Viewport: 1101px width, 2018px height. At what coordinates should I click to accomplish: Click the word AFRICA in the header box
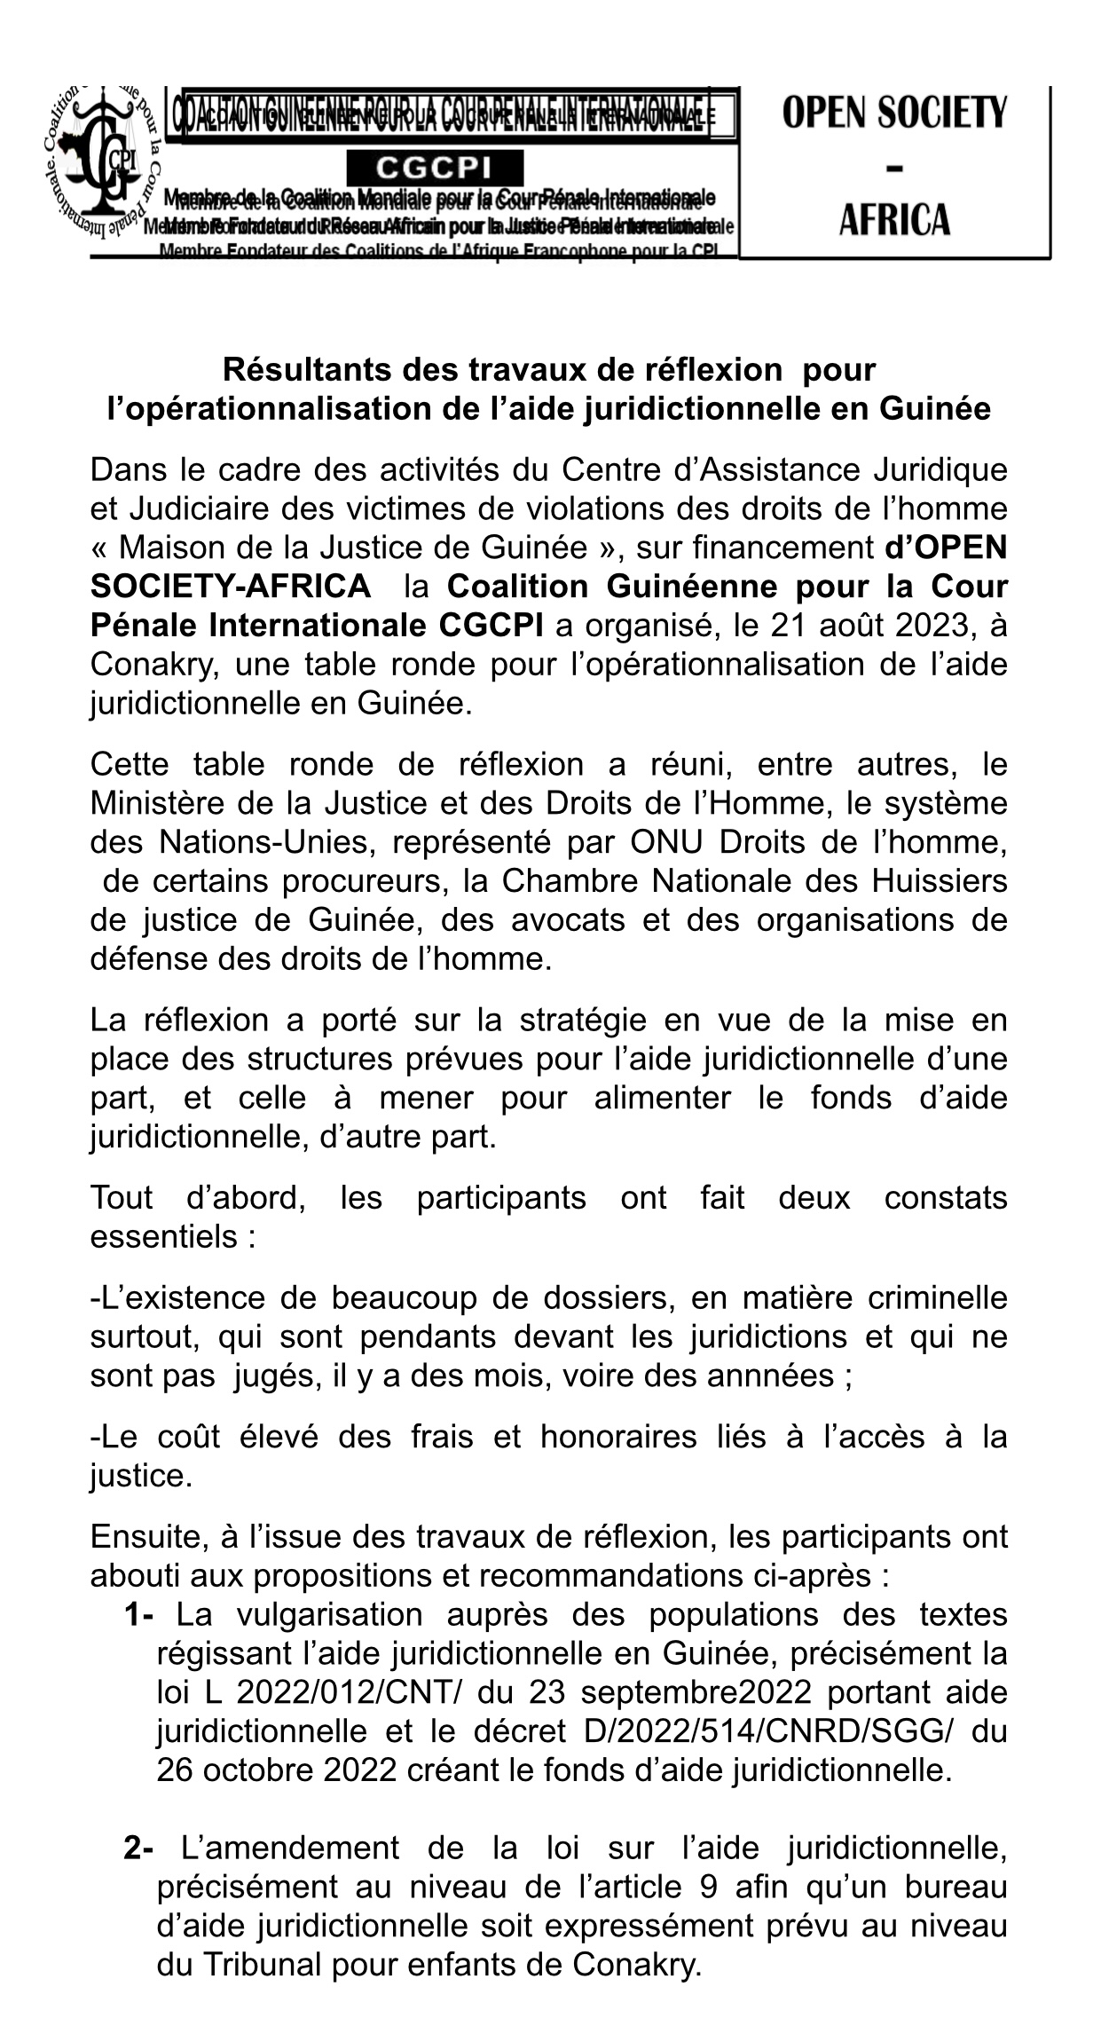[894, 219]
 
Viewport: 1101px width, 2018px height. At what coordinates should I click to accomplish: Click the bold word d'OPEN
[947, 548]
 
